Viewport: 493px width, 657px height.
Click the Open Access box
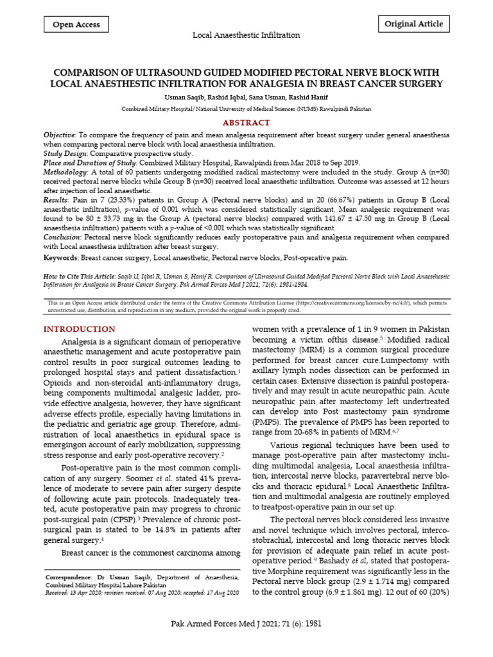(x=76, y=25)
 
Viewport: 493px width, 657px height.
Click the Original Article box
(x=413, y=24)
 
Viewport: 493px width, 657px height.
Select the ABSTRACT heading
(x=246, y=123)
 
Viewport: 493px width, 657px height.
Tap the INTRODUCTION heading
(x=79, y=329)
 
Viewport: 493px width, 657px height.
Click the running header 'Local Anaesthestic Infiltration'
(x=246, y=35)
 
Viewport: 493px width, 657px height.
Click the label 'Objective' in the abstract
(x=58, y=136)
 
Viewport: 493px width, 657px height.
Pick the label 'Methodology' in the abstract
(x=65, y=173)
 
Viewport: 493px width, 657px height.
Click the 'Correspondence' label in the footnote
(x=69, y=577)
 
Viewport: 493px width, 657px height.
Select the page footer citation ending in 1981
(x=246, y=624)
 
